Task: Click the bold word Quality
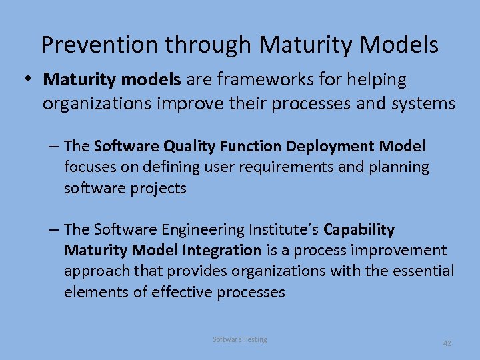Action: pyautogui.click(x=191, y=146)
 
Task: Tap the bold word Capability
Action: pyautogui.click(x=359, y=229)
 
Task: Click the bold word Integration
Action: pyautogui.click(x=221, y=251)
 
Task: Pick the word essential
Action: pyautogui.click(x=419, y=271)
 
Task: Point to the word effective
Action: pyautogui.click(x=184, y=292)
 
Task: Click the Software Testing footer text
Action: pyautogui.click(x=239, y=339)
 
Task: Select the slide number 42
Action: pyautogui.click(x=447, y=343)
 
